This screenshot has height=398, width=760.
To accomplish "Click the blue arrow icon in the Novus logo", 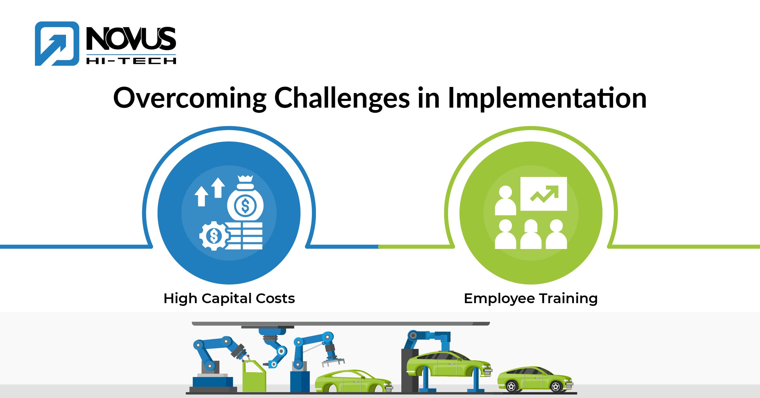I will click(x=57, y=43).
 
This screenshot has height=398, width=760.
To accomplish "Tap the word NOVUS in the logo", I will click(x=131, y=39).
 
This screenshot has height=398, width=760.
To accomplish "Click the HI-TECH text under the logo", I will click(x=131, y=61).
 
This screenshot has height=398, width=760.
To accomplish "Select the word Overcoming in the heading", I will click(x=189, y=98).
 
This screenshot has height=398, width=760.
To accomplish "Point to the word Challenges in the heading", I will click(x=342, y=98).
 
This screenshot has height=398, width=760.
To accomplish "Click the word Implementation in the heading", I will click(x=547, y=98).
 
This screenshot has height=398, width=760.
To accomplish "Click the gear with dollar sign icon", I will click(x=214, y=236).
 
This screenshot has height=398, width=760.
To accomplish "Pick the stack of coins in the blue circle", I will click(x=247, y=236).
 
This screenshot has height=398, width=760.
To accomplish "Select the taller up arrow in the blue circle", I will click(x=218, y=187).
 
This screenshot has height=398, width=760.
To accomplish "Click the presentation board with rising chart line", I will click(x=544, y=194).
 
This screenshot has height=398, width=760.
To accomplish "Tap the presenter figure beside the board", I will click(x=505, y=201).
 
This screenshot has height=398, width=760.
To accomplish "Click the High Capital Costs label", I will click(x=229, y=298).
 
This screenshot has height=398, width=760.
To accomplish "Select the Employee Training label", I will click(x=530, y=298).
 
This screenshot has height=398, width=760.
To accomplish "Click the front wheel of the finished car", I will click(x=556, y=386).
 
